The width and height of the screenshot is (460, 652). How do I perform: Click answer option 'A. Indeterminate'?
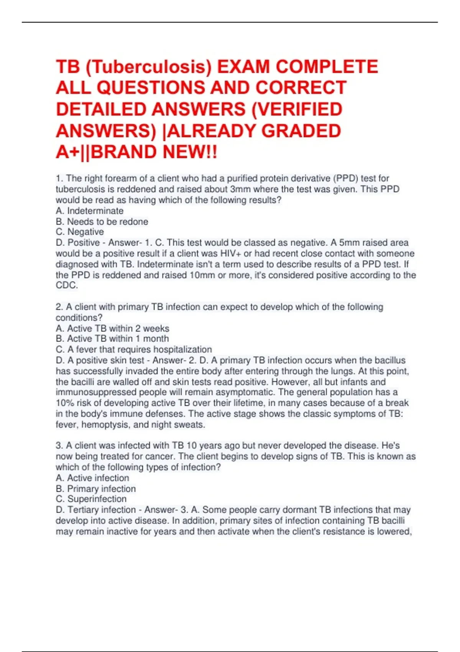pyautogui.click(x=90, y=211)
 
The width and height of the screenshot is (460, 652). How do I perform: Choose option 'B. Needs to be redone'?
pyautogui.click(x=102, y=222)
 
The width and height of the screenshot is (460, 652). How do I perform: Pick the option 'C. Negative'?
pyautogui.click(x=80, y=232)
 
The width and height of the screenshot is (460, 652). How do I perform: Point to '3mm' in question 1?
pyautogui.click(x=240, y=189)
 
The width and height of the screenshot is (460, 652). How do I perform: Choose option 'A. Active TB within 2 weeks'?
pyautogui.click(x=112, y=329)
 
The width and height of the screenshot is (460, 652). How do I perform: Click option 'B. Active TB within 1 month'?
pyautogui.click(x=112, y=339)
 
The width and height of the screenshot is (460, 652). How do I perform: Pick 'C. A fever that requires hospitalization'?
pyautogui.click(x=134, y=350)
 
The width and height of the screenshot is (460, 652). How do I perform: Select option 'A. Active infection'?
pyautogui.click(x=92, y=478)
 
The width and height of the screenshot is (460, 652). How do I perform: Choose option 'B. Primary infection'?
pyautogui.click(x=96, y=489)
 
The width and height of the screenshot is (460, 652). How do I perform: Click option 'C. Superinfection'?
pyautogui.click(x=91, y=499)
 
